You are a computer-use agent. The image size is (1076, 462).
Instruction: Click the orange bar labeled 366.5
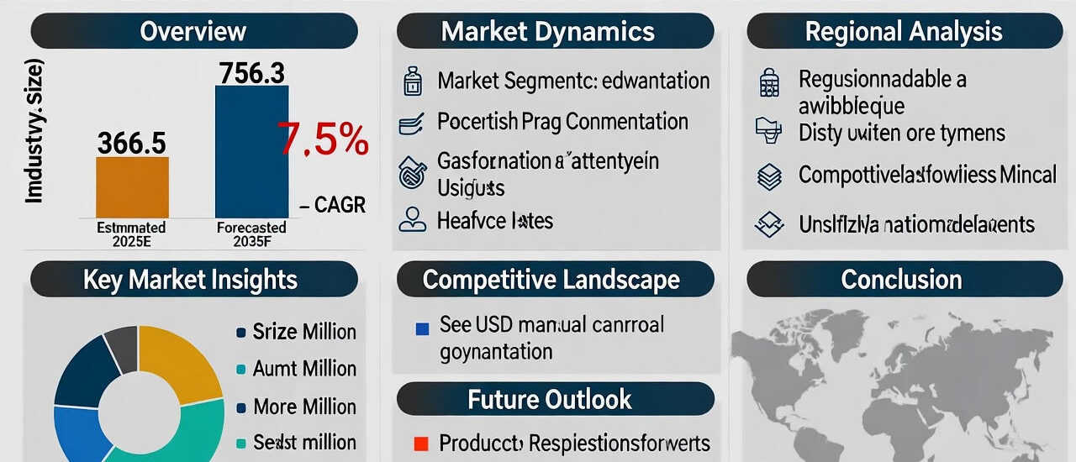click(x=132, y=187)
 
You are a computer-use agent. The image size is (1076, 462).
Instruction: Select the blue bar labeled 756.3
click(x=251, y=151)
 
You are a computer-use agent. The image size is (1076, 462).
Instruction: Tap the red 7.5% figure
click(x=324, y=139)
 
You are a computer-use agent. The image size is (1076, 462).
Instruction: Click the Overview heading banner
click(x=193, y=32)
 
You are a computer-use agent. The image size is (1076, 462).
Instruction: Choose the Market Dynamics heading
click(x=547, y=32)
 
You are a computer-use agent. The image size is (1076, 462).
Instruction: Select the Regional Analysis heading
click(x=903, y=32)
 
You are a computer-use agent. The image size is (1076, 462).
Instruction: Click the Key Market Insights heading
click(x=190, y=280)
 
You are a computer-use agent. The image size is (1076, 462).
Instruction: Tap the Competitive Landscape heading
click(x=551, y=280)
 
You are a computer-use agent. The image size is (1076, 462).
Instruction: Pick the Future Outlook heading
click(x=550, y=399)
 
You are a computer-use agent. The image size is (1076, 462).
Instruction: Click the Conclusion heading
click(x=901, y=280)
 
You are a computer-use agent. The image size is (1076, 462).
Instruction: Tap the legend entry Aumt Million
click(x=304, y=369)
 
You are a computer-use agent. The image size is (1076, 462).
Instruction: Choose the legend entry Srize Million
click(x=304, y=333)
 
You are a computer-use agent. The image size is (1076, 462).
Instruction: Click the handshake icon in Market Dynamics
click(x=412, y=171)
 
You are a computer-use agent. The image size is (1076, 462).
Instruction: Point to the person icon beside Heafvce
click(x=412, y=221)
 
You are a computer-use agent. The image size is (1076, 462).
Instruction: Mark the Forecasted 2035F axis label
click(x=251, y=234)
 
